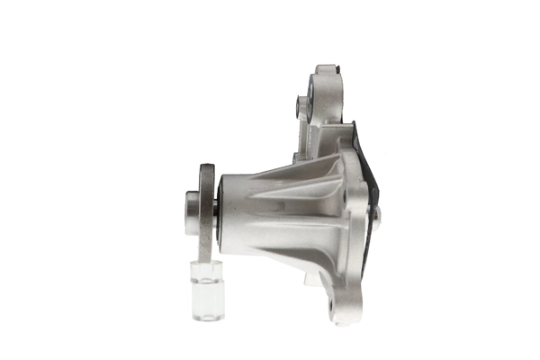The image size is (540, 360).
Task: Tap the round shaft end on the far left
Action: (191, 212)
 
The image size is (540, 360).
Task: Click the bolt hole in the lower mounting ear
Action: (335, 302)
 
